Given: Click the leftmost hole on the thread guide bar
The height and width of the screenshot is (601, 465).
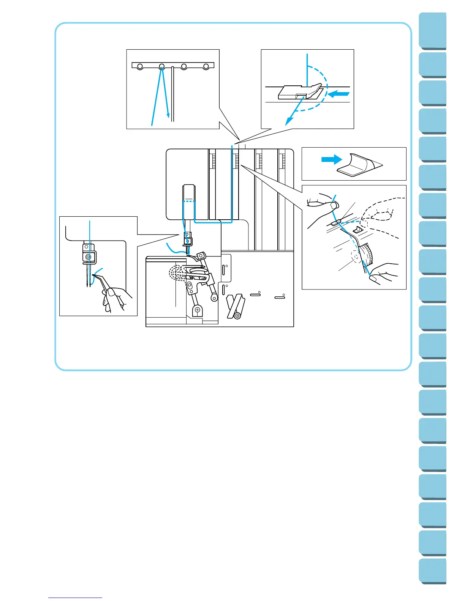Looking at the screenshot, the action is coord(140,67).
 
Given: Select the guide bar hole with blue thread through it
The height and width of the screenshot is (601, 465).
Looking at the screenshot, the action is coord(162,67).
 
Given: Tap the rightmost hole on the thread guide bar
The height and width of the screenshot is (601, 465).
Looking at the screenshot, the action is coord(206,67).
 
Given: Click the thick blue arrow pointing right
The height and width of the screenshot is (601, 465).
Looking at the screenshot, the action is coord(331,159).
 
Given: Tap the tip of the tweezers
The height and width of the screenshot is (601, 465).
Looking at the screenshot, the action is coord(94,276).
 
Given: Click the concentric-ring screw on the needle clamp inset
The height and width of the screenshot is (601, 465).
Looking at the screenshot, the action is coord(89,257).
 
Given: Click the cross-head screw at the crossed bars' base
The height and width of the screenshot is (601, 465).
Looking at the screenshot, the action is coord(237,316).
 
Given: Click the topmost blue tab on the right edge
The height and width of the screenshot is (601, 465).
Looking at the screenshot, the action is coord(433,30).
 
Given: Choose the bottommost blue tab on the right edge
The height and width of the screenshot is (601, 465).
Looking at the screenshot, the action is coord(433,571).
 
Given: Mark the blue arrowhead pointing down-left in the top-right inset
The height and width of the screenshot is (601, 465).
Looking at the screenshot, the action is coord(289,121).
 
